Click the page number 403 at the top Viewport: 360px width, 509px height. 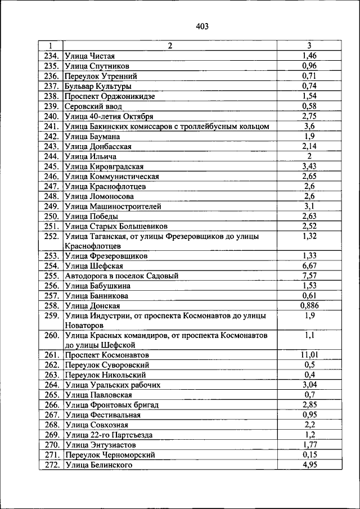tap(203, 26)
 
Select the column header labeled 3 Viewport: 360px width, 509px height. tap(309, 46)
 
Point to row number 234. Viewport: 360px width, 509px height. tap(51, 55)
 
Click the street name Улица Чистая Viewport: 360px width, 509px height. tap(90, 55)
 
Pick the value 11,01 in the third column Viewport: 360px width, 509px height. tap(309, 355)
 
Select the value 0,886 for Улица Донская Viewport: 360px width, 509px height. tap(309, 305)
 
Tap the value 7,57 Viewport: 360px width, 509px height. tap(309, 276)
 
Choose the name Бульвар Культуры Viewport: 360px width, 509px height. tap(98, 86)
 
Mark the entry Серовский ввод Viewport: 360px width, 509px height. tap(93, 106)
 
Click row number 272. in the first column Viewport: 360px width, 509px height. tap(51, 465)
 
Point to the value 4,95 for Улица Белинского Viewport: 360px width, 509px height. tap(309, 465)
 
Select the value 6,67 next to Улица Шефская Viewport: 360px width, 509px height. tap(309, 265)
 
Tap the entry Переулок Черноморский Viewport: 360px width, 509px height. tap(110, 454)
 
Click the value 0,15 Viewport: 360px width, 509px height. tap(309, 454)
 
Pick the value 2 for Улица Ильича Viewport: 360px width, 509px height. tap(309, 156)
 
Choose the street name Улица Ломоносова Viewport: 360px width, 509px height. tap(99, 196)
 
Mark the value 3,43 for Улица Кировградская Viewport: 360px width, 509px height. tap(309, 166)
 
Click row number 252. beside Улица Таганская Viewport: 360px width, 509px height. tap(51, 236)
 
